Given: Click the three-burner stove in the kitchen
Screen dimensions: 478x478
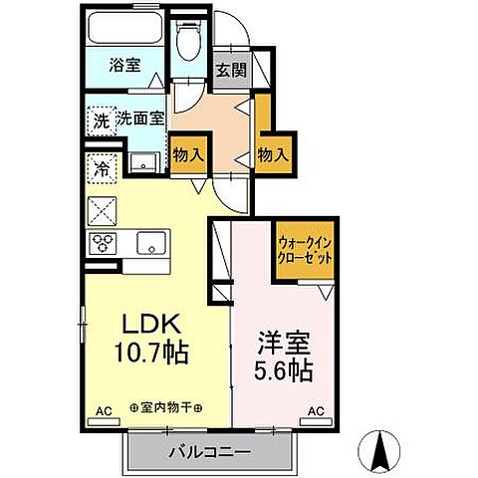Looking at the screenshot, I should (x=105, y=241).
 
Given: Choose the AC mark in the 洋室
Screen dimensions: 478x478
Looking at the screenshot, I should (x=317, y=409).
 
